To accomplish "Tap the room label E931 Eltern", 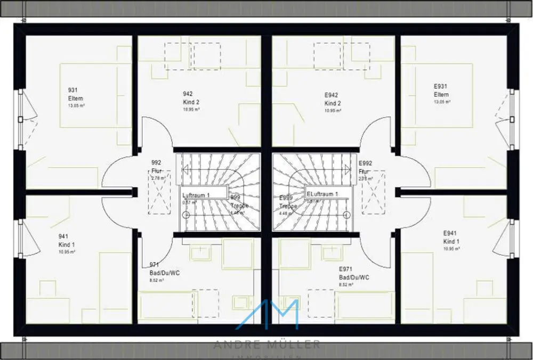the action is [441, 91].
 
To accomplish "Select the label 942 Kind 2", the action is [188, 99].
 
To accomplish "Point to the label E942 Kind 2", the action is [333, 99].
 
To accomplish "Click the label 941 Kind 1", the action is [66, 240].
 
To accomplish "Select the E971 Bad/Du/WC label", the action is [353, 274].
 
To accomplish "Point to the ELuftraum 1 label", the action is [322, 194].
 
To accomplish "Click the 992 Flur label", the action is [156, 167].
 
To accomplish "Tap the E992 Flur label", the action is [365, 167].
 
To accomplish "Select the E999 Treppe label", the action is [287, 202].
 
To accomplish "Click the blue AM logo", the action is [267, 315].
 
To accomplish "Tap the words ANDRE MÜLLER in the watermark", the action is [267, 345].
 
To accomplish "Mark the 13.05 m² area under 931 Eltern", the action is [77, 106].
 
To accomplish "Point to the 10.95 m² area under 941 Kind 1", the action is [67, 251].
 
